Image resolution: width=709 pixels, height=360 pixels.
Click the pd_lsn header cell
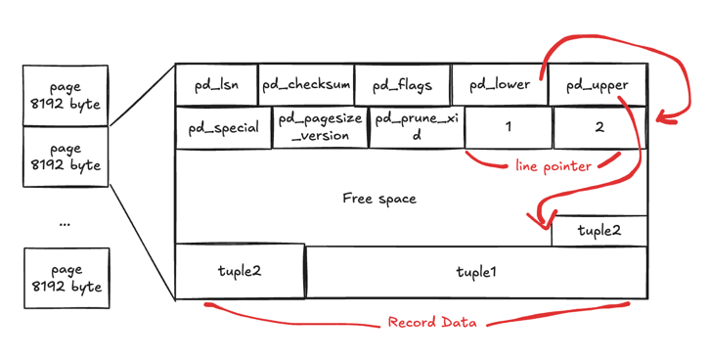(x=217, y=84)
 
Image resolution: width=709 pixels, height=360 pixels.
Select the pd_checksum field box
(x=305, y=84)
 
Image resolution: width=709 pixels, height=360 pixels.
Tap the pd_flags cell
(x=402, y=84)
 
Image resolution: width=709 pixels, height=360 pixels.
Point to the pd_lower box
(x=498, y=84)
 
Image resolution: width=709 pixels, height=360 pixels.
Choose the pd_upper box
(x=597, y=84)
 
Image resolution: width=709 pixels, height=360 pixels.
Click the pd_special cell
(x=223, y=128)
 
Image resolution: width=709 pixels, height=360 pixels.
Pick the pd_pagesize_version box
(x=320, y=128)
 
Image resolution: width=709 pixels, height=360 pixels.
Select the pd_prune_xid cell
(x=416, y=128)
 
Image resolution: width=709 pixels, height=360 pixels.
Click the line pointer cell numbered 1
(x=508, y=128)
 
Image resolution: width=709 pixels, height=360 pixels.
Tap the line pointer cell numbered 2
(x=599, y=128)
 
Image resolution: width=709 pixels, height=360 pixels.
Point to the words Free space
(x=379, y=199)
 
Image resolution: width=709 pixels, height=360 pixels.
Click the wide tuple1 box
(x=476, y=271)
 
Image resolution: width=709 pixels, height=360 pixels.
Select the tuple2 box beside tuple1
(x=240, y=271)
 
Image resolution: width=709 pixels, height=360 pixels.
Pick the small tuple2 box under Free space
(x=599, y=231)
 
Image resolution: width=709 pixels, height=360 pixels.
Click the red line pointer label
(x=553, y=166)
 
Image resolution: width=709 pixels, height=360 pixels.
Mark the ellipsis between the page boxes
(x=66, y=222)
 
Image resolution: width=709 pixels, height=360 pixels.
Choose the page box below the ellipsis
(x=66, y=278)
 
